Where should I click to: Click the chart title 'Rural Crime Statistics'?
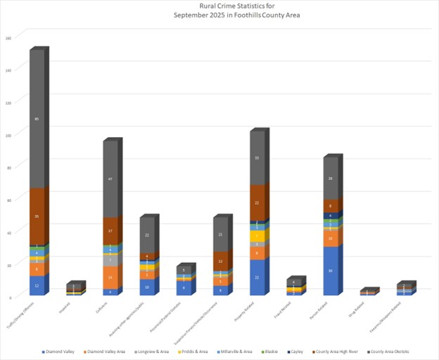coord(219,6)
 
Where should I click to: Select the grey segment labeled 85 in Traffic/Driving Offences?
coord(37,120)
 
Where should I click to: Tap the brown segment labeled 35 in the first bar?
coord(37,217)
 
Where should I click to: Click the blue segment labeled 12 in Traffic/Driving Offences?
coord(37,285)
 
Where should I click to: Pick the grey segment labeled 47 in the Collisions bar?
coord(110,179)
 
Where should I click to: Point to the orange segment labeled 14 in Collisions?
coord(110,278)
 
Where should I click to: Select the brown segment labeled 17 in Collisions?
coord(110,231)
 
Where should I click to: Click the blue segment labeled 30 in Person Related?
coord(331,271)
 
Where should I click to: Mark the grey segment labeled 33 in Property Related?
coord(257,158)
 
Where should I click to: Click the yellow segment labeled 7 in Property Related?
coord(257,236)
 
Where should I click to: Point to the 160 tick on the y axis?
coord(8,38)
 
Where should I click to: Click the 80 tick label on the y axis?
coord(9,167)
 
